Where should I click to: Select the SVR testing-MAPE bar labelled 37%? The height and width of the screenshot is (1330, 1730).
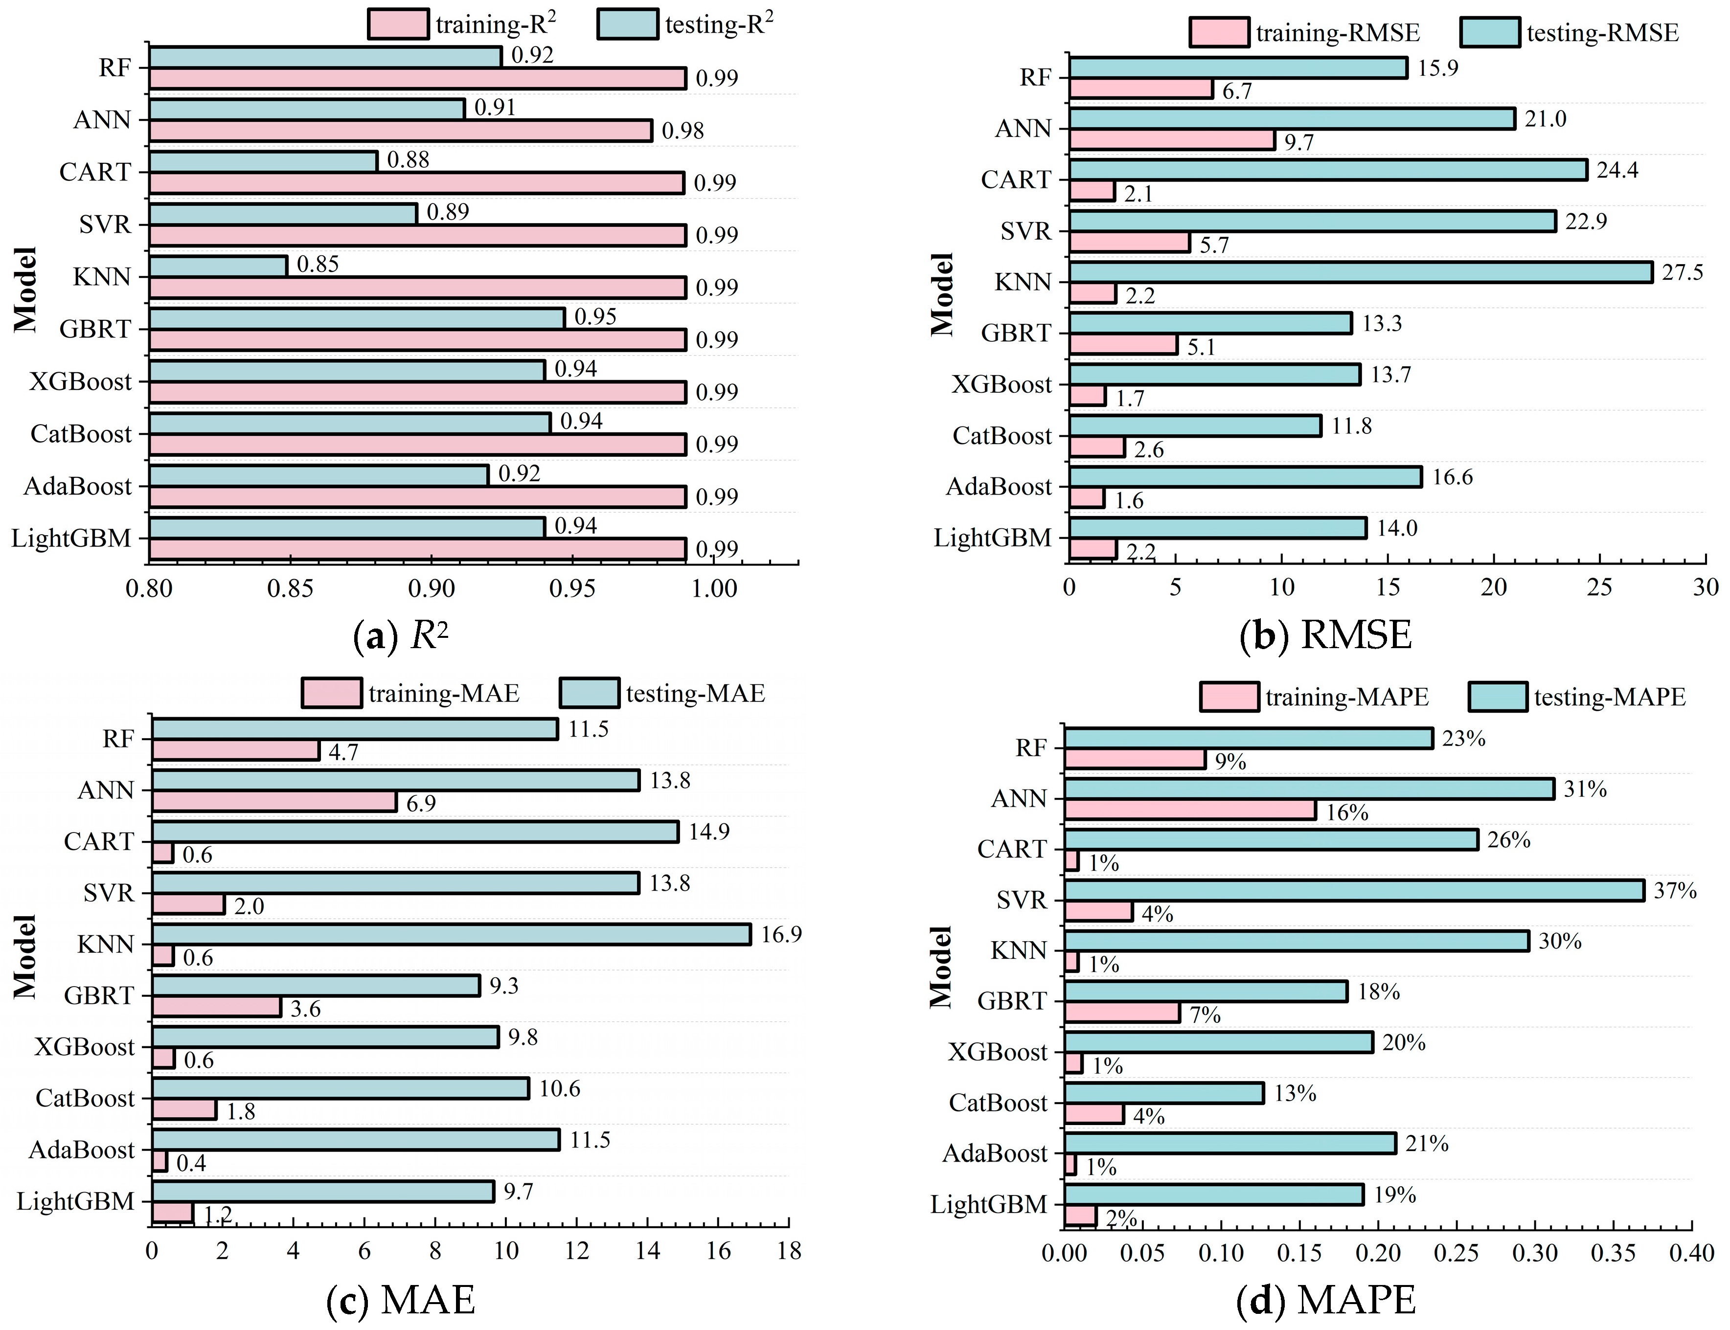pos(1353,891)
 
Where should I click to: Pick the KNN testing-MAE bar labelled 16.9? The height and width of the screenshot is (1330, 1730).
pos(451,934)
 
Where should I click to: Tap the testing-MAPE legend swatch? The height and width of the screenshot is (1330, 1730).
pos(1497,697)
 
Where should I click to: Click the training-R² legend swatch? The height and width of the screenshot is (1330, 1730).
pos(398,24)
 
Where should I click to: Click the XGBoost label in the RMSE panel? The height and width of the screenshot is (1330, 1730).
pos(1002,385)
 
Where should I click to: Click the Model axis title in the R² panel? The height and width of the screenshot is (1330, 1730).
pos(25,289)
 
